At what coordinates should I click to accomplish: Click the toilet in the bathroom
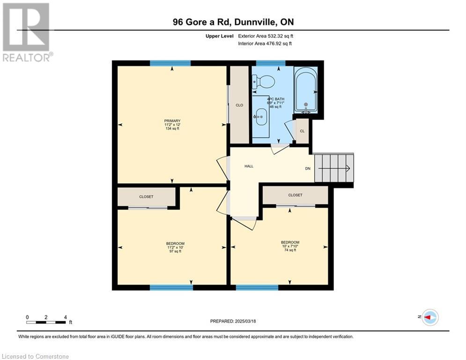263,82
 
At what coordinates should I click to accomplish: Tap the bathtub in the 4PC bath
305,90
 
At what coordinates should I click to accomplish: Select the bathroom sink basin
262,117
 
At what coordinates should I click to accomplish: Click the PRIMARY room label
172,121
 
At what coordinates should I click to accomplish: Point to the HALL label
249,166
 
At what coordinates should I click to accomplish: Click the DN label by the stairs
308,168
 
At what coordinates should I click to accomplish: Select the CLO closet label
239,105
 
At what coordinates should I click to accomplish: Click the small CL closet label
302,131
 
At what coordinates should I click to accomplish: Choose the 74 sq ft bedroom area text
290,250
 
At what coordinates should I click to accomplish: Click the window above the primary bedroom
170,63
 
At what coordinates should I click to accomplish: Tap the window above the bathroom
271,63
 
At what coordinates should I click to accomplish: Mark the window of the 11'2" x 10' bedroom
171,287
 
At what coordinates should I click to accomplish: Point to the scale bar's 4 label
66,317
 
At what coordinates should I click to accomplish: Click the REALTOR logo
27,32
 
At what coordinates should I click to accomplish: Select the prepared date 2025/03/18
245,321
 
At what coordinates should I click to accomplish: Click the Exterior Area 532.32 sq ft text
266,36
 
